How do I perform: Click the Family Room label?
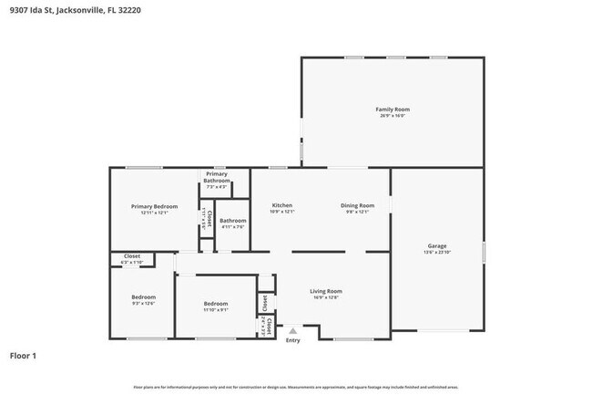tap(393, 109)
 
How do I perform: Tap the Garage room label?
tap(437, 245)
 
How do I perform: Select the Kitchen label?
tap(282, 205)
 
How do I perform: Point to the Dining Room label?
tap(357, 205)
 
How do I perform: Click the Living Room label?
tap(326, 291)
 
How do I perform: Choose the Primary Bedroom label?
tap(154, 206)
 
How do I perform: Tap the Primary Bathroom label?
tap(217, 177)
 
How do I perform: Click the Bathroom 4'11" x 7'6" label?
tap(232, 220)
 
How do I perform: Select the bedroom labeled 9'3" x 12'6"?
tap(143, 297)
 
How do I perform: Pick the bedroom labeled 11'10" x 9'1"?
tap(216, 304)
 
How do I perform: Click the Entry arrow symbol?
tap(292, 331)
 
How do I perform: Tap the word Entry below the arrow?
tap(292, 340)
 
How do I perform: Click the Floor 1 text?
tap(24, 355)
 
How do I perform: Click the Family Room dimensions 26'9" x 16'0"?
tap(393, 116)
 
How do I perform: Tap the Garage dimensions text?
tap(437, 252)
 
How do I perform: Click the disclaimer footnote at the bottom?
tap(296, 387)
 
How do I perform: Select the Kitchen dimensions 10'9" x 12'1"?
tap(282, 212)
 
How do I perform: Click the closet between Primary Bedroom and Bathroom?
tap(206, 219)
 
